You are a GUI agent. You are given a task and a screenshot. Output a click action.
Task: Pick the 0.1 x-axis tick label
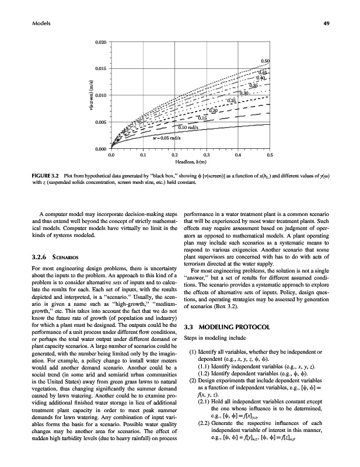click(x=143, y=155)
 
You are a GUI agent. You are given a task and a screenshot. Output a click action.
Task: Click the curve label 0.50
click(x=265, y=61)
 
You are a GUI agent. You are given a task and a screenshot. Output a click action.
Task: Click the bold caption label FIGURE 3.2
click(x=33, y=175)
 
